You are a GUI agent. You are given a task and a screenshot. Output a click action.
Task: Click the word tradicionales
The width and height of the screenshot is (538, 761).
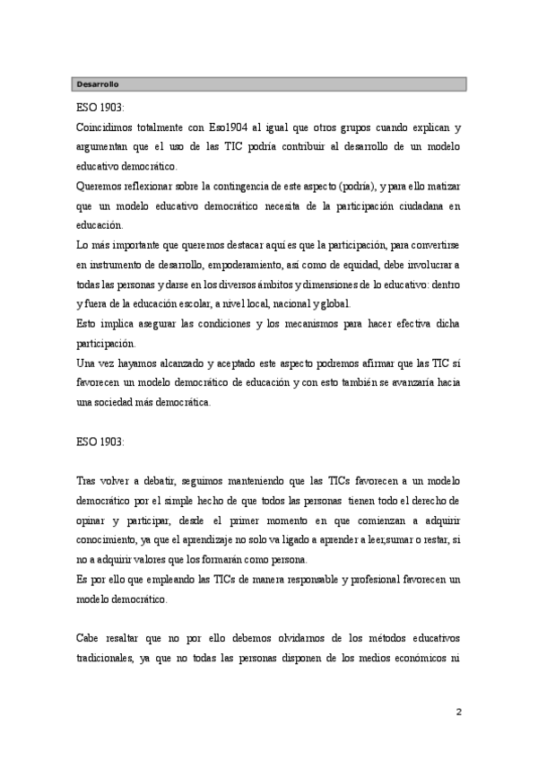[x=108, y=659]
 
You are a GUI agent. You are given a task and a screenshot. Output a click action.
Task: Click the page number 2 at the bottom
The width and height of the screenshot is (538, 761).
[x=459, y=713]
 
